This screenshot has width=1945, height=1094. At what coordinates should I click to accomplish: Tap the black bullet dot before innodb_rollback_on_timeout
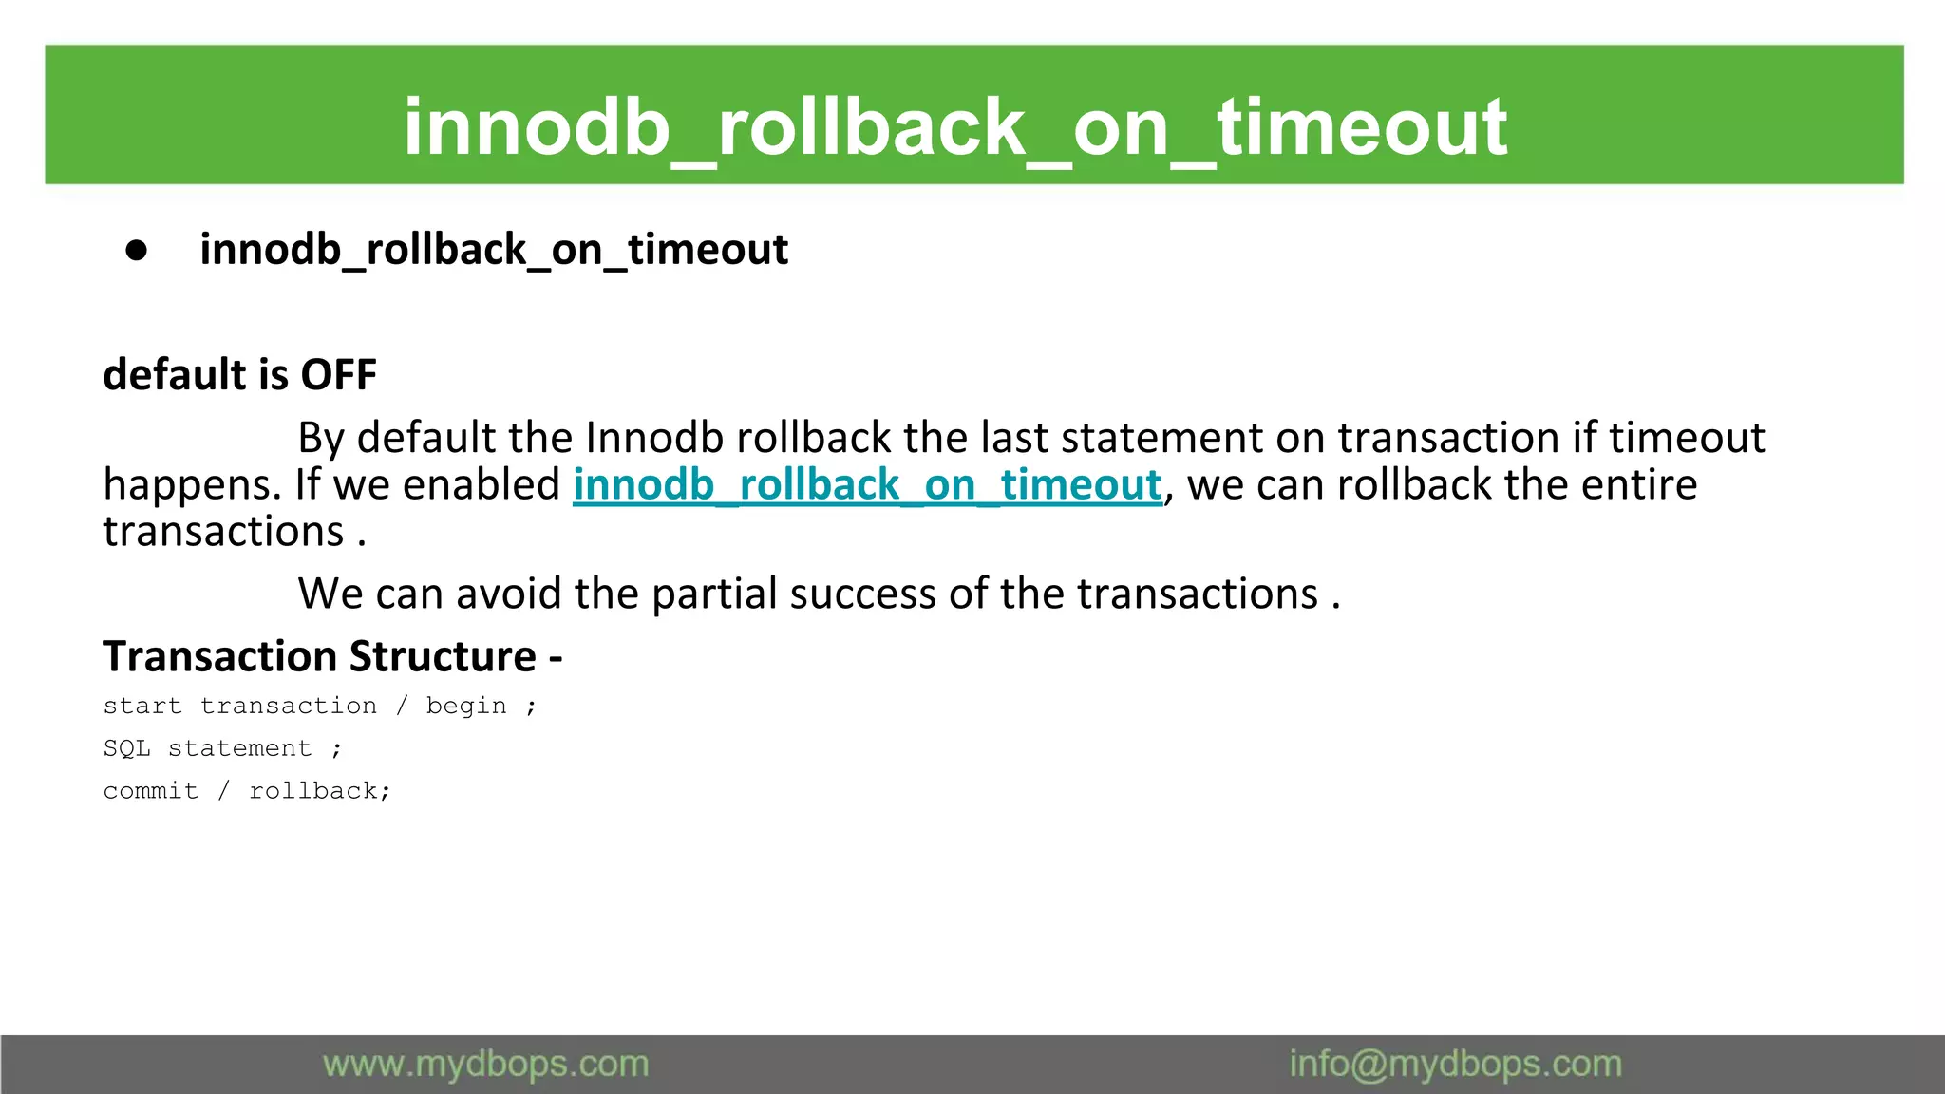tap(137, 250)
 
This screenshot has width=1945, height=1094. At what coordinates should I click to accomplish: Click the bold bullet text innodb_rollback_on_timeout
tap(494, 250)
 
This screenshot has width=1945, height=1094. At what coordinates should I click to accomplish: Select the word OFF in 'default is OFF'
tap(338, 374)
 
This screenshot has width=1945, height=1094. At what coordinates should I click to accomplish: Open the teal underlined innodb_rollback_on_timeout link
tap(866, 485)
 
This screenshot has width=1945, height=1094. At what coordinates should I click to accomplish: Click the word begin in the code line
tap(465, 707)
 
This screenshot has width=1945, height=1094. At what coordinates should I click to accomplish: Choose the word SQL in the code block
tap(126, 748)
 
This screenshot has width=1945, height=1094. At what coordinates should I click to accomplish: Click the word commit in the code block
tap(150, 791)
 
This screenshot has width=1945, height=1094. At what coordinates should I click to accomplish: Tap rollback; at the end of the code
tap(319, 791)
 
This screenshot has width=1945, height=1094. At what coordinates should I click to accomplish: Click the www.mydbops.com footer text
tap(485, 1064)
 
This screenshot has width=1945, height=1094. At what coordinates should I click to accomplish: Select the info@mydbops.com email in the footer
tap(1455, 1064)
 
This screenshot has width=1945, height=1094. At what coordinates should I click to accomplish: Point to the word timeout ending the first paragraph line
tap(1687, 438)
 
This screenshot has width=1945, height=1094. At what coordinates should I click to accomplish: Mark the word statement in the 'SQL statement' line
tap(239, 748)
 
